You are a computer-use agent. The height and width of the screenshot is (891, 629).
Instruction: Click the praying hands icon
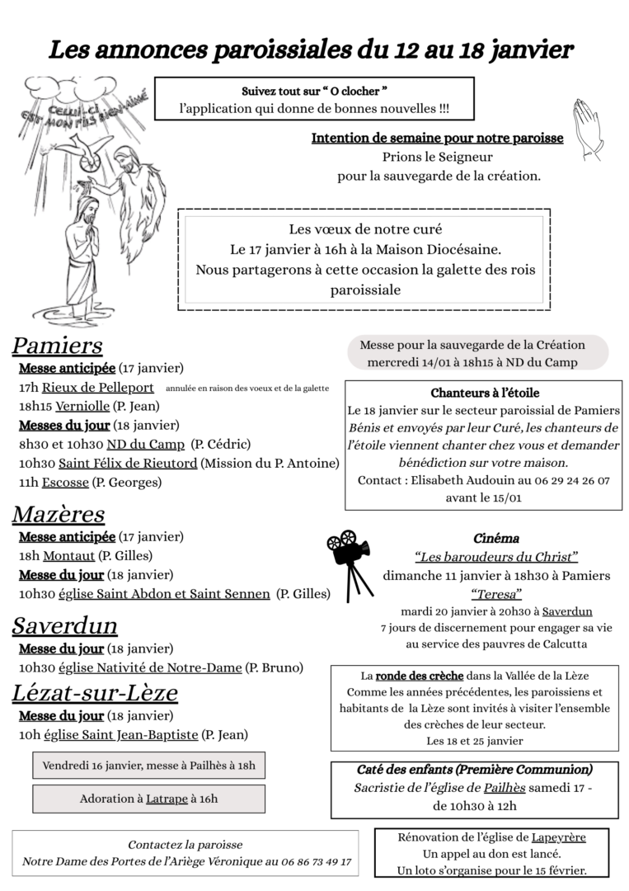(x=589, y=130)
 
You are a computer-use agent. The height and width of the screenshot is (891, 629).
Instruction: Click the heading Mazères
(x=59, y=514)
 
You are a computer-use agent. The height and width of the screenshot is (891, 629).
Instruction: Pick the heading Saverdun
(x=64, y=625)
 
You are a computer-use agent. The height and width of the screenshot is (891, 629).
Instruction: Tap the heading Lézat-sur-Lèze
(x=95, y=693)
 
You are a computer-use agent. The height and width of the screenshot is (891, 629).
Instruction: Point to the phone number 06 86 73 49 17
(x=317, y=861)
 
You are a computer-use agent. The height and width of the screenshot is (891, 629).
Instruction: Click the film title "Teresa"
(x=495, y=593)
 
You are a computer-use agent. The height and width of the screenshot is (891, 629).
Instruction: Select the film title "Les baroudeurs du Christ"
(x=495, y=557)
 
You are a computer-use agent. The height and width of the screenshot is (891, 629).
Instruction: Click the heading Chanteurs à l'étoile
(x=485, y=393)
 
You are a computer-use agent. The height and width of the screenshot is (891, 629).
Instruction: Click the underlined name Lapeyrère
(x=558, y=837)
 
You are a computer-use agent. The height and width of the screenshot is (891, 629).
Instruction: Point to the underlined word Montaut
(x=68, y=556)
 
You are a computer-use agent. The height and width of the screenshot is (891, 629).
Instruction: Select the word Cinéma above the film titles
(x=495, y=539)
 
